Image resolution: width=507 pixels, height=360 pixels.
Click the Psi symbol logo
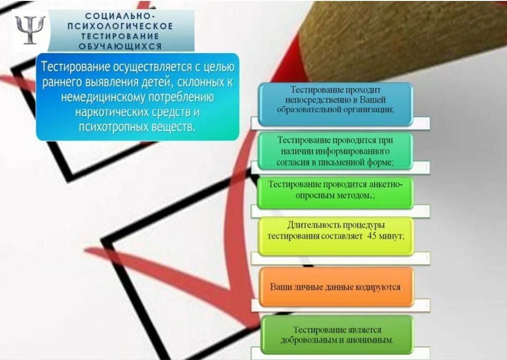coord(30,30)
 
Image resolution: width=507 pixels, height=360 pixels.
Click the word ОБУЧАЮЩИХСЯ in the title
coord(120,46)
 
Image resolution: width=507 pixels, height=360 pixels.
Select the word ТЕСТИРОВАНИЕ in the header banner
coord(120,36)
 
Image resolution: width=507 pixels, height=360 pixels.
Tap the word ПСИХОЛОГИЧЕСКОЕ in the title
coord(120,26)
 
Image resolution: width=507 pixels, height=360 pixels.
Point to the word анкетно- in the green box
coord(386,184)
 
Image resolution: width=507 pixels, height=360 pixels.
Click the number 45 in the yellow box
coord(372,236)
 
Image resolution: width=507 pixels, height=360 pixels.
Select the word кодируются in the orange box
coord(377,287)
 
